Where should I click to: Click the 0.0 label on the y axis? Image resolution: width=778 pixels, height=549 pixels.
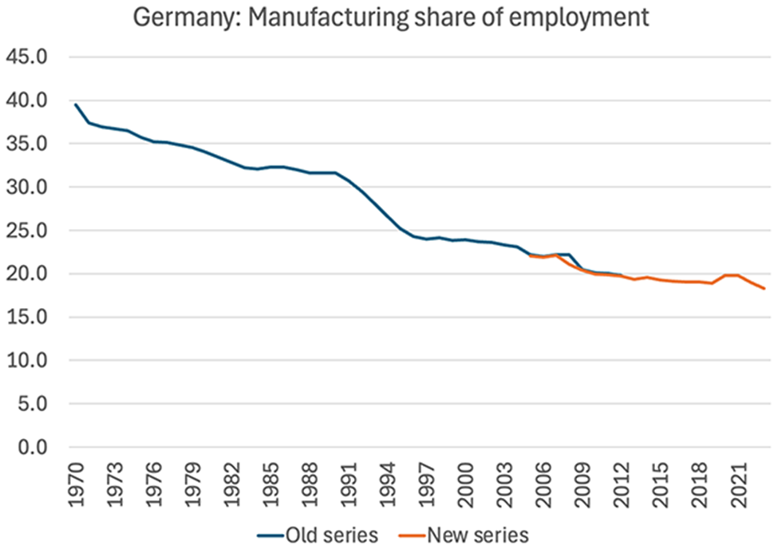(33, 448)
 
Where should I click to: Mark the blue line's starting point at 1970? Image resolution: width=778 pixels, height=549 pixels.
(76, 105)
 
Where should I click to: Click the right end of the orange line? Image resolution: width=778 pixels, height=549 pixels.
(764, 289)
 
